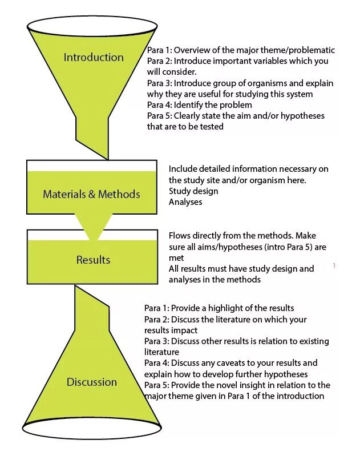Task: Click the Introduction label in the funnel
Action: (93, 57)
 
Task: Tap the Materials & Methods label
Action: (91, 194)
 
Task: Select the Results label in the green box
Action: (93, 260)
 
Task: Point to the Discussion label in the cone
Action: (91, 382)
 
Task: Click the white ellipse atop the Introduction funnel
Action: (92, 25)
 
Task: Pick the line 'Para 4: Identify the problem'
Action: (199, 105)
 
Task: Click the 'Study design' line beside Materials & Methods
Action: (193, 191)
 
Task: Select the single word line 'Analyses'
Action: (185, 201)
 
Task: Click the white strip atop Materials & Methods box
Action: (92, 166)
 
